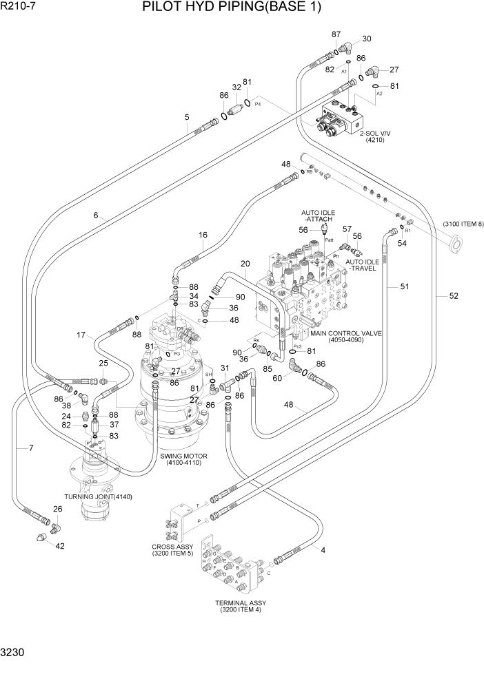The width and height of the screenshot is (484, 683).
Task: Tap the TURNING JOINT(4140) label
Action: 98,496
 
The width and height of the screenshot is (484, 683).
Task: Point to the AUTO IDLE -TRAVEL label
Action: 361,265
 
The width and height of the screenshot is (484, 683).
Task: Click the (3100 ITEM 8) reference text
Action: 463,224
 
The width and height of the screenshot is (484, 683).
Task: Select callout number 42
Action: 60,546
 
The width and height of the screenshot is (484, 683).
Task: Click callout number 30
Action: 366,39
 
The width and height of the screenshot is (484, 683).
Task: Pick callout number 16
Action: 203,235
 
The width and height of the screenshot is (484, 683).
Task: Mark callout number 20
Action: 244,264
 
